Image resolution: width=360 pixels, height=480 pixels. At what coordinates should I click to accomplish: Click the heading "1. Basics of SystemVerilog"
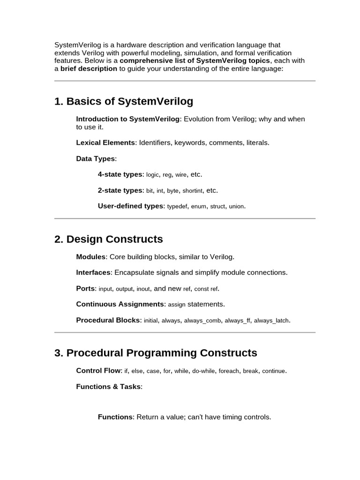click(124, 101)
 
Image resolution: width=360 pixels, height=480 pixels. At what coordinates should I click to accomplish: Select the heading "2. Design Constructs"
click(109, 239)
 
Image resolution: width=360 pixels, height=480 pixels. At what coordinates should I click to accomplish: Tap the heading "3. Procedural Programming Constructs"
click(156, 352)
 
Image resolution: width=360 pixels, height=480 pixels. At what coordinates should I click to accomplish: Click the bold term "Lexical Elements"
click(105, 142)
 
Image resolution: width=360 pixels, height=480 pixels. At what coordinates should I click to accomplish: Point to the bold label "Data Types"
click(95, 158)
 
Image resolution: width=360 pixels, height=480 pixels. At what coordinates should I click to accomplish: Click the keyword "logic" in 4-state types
click(153, 175)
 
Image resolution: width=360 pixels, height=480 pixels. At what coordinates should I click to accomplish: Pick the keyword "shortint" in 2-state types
click(192, 191)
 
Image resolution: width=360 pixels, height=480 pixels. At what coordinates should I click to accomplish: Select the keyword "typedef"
click(177, 206)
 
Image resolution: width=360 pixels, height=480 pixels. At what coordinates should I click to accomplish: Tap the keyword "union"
click(236, 206)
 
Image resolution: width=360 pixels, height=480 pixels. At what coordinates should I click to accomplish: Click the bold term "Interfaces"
click(93, 272)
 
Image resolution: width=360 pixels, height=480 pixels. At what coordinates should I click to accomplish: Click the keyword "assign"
click(177, 305)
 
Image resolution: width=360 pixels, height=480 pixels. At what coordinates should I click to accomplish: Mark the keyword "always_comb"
click(202, 321)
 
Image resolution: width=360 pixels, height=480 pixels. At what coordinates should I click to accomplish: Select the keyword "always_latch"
click(271, 321)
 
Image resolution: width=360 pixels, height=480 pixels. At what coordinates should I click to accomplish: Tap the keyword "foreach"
click(229, 371)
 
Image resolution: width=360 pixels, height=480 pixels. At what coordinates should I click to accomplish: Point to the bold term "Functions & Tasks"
click(108, 387)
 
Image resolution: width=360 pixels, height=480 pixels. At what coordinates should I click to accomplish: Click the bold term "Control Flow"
click(98, 371)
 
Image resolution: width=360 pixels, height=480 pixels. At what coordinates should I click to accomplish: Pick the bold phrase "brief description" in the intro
click(89, 68)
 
